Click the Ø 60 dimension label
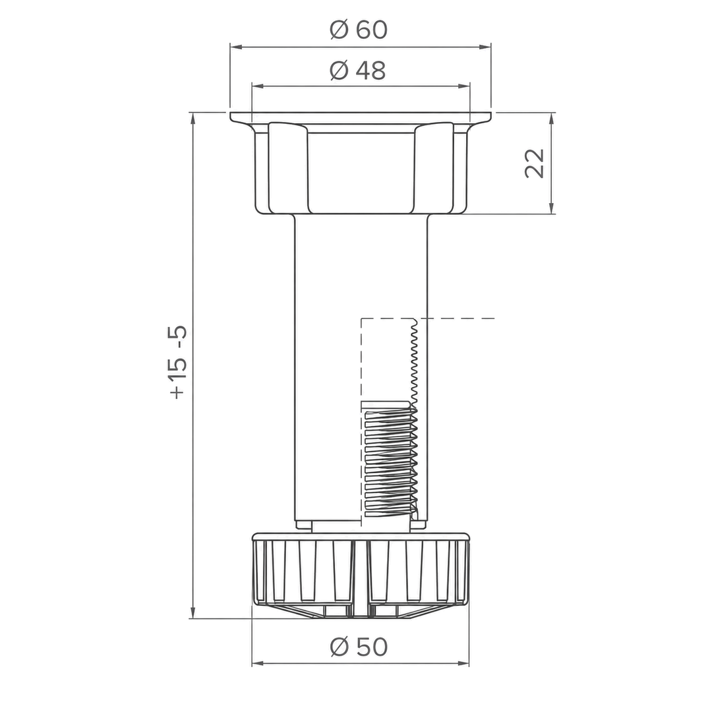coord(359,30)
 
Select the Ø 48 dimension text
coord(358,71)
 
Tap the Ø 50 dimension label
coord(359,647)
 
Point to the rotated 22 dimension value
coord(535,163)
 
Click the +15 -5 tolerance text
coord(177,362)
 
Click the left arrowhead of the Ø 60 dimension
coord(235,46)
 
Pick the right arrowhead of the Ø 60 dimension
coord(486,46)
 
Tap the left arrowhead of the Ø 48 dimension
coord(257,86)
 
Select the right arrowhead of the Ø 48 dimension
coord(465,86)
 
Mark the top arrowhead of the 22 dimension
coord(552,117)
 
